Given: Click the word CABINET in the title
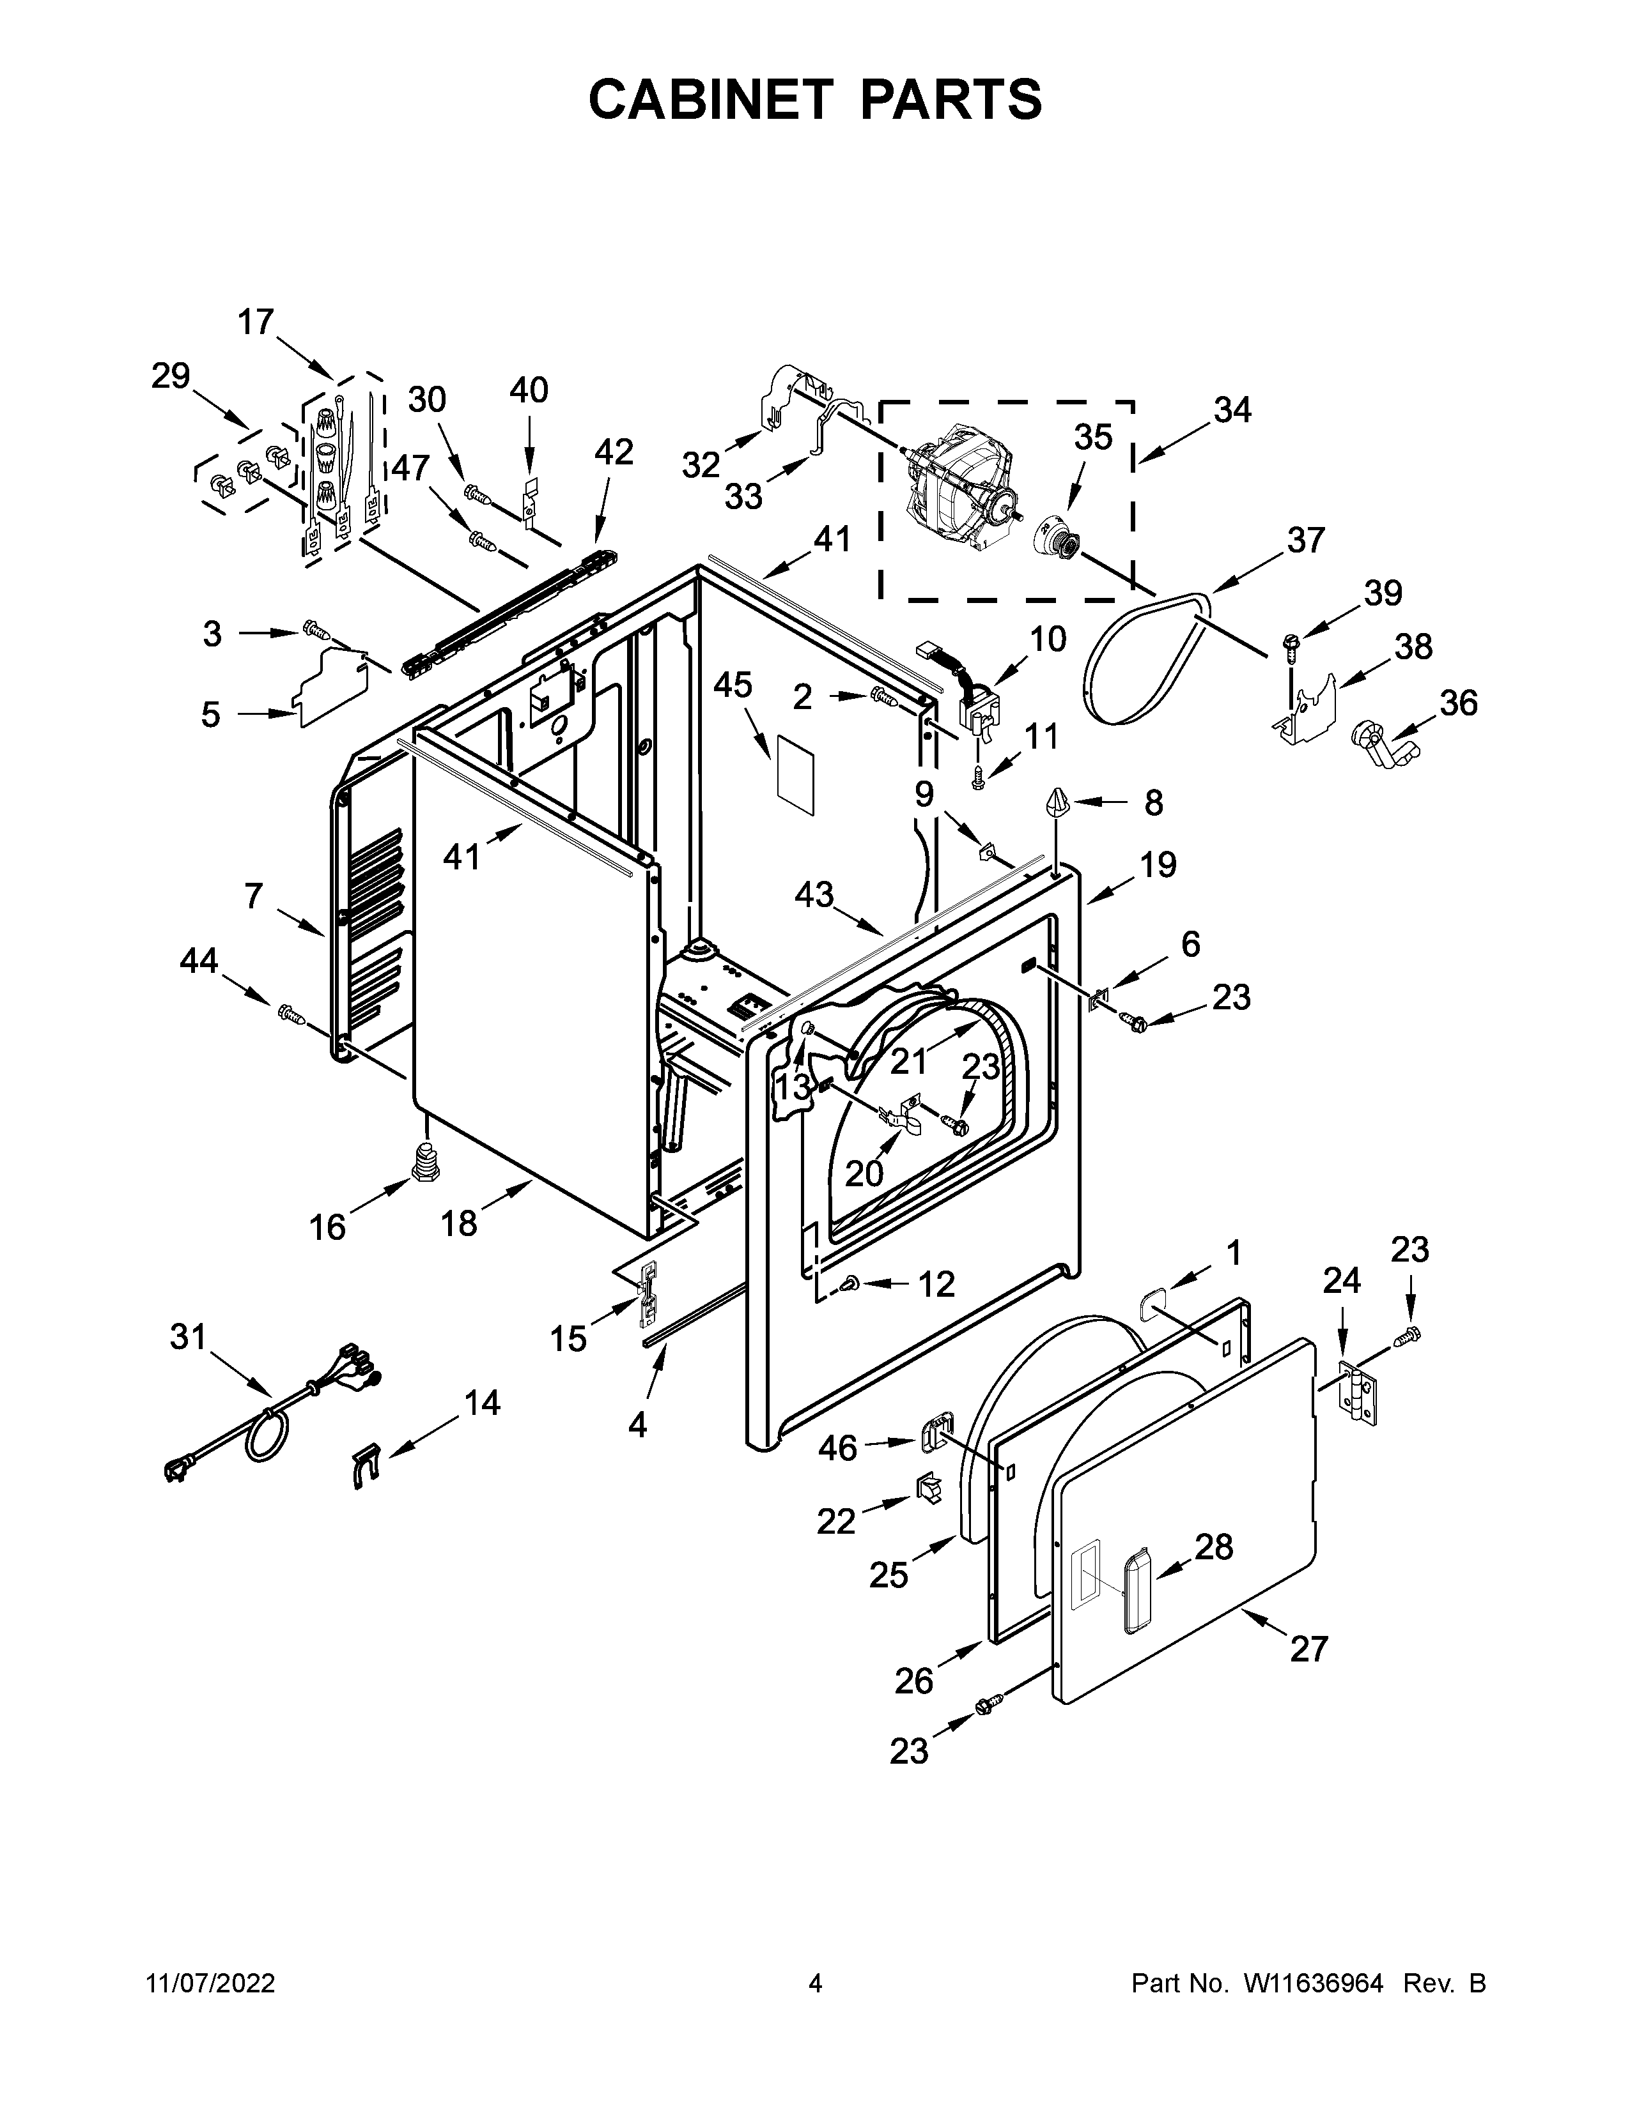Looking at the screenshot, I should click(x=710, y=100).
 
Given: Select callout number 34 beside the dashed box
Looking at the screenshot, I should click(x=1233, y=410).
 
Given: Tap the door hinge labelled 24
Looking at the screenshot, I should click(x=1360, y=1390).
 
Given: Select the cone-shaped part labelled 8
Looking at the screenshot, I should click(x=1057, y=802).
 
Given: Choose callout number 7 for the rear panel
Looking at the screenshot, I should click(x=253, y=897).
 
